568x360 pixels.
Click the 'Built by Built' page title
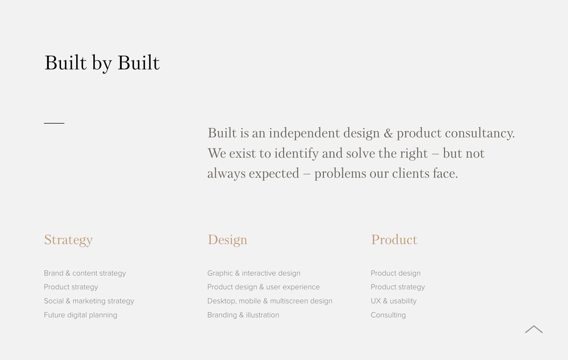pyautogui.click(x=102, y=63)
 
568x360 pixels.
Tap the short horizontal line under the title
pyautogui.click(x=54, y=123)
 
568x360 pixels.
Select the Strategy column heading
pyautogui.click(x=68, y=240)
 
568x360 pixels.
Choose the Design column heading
pyautogui.click(x=227, y=240)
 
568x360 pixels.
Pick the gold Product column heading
pyautogui.click(x=394, y=240)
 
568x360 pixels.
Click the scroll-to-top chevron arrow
pyautogui.click(x=533, y=329)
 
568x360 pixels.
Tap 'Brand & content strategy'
pyautogui.click(x=85, y=274)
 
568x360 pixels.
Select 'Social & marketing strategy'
pyautogui.click(x=89, y=301)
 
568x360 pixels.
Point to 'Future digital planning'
pyautogui.click(x=80, y=315)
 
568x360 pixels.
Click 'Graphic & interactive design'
pyautogui.click(x=253, y=274)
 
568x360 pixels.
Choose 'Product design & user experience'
pyautogui.click(x=263, y=287)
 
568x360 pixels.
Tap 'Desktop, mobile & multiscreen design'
pyautogui.click(x=269, y=301)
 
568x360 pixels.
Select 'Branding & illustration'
pyautogui.click(x=243, y=315)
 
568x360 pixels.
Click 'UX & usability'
pyautogui.click(x=393, y=301)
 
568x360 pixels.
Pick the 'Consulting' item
pyautogui.click(x=388, y=315)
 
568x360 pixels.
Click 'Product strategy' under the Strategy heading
pyautogui.click(x=71, y=287)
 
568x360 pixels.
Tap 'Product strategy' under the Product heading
pyautogui.click(x=397, y=287)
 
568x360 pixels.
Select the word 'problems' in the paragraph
pyautogui.click(x=340, y=174)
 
